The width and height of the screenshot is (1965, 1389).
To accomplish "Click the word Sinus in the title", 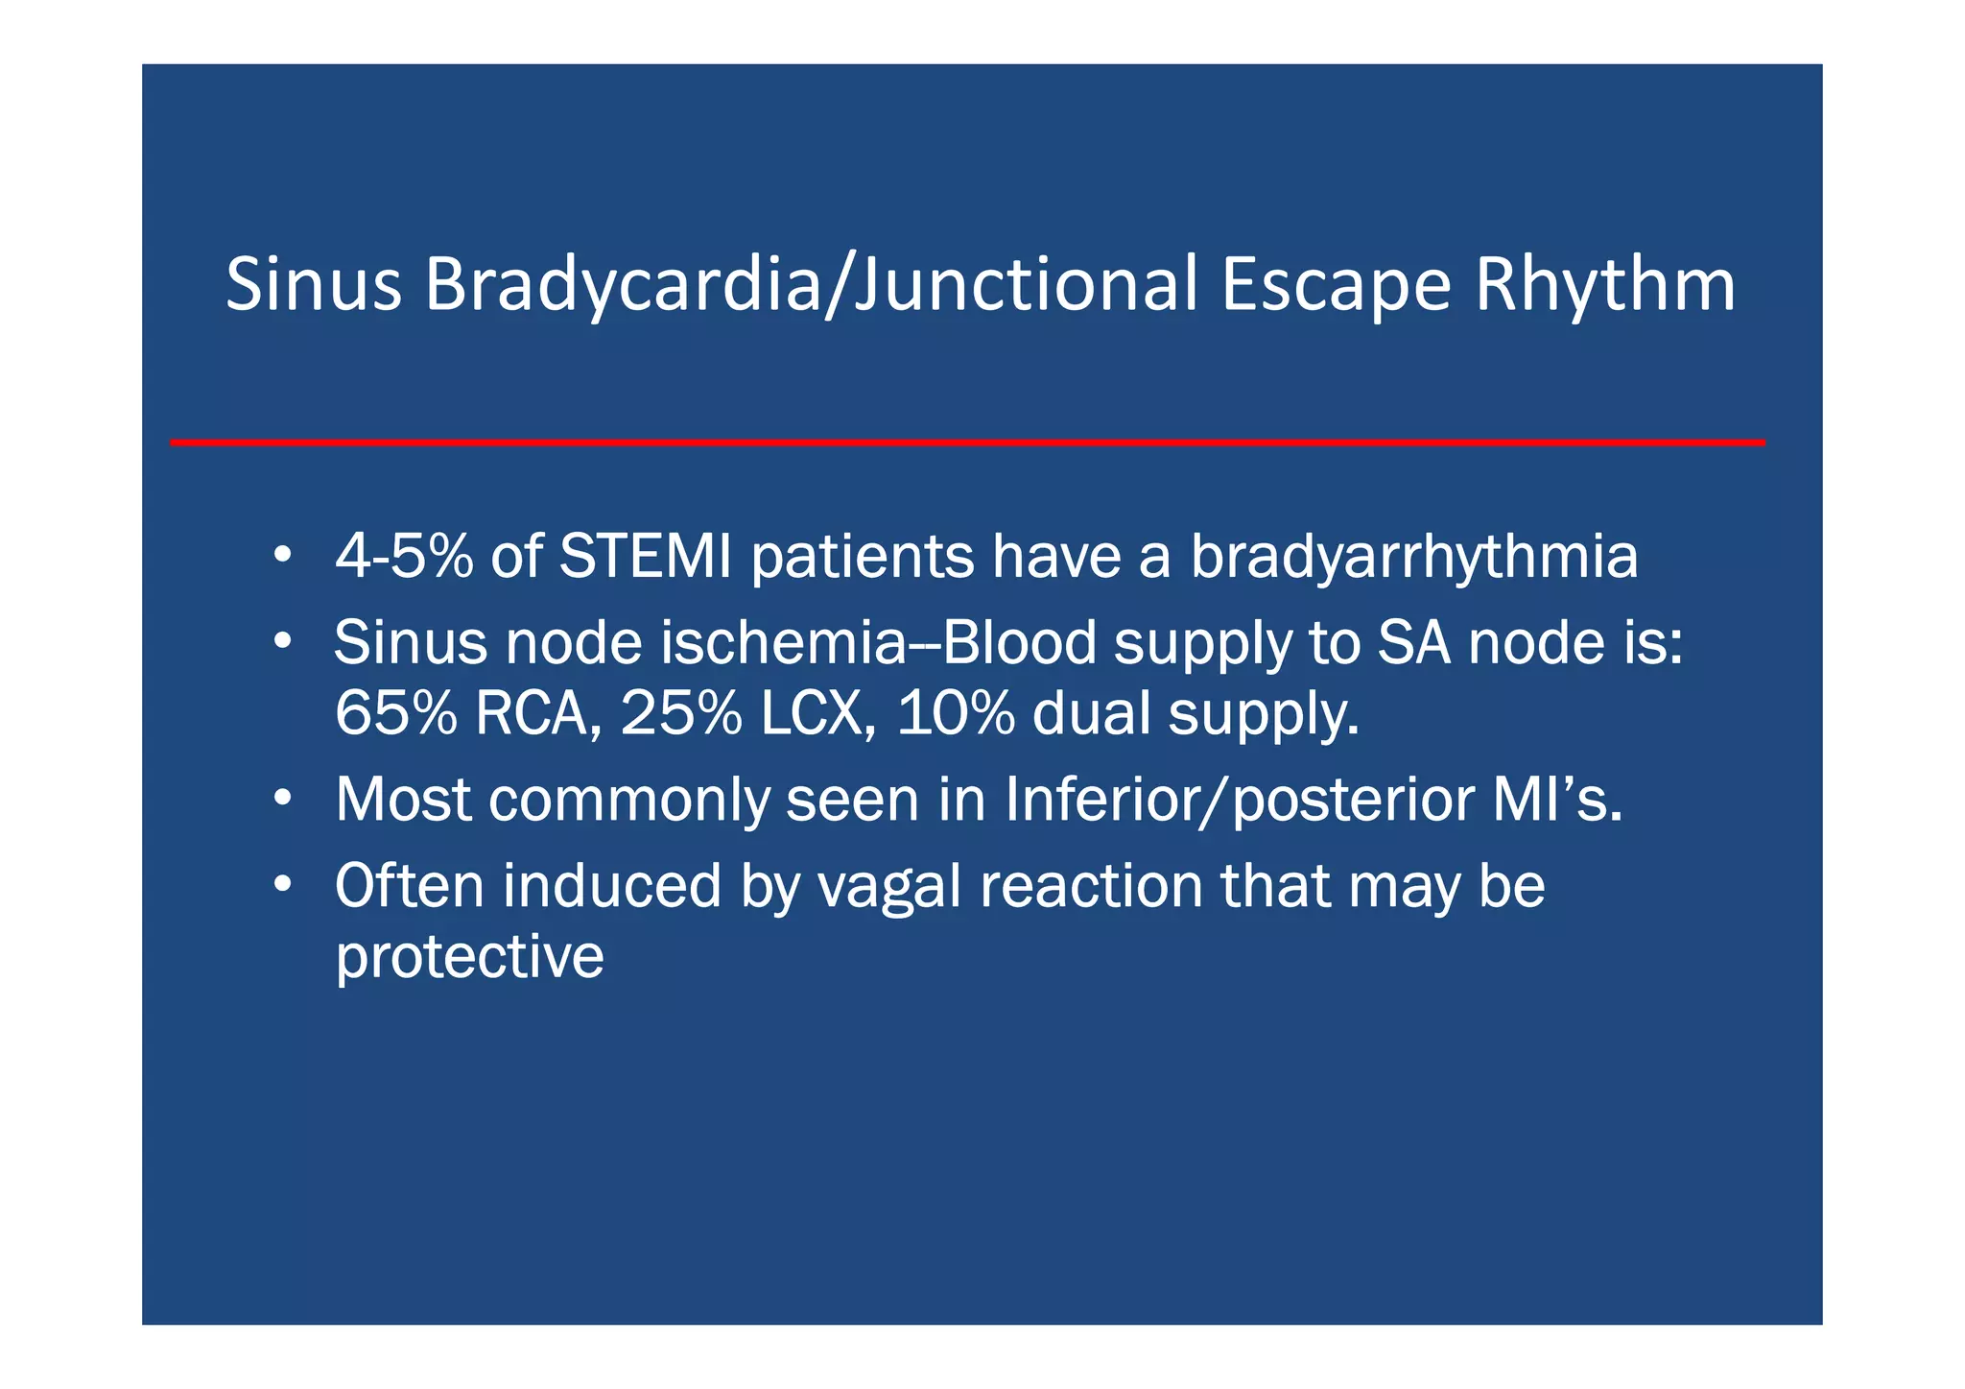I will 313,285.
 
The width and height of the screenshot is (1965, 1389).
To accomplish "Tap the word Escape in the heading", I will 1336,285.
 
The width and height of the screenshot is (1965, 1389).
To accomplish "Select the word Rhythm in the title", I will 1604,285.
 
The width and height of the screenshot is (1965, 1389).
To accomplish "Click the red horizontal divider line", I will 967,443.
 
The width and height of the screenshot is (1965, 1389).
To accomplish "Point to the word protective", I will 469,956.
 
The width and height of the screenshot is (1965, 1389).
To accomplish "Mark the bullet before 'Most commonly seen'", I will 281,798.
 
